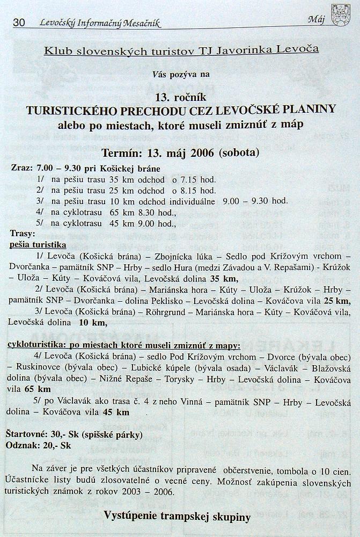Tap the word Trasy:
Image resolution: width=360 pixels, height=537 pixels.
pos(23,234)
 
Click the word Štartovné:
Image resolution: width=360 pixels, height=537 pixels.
pos(30,434)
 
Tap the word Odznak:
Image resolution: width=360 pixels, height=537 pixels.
pos(24,445)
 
